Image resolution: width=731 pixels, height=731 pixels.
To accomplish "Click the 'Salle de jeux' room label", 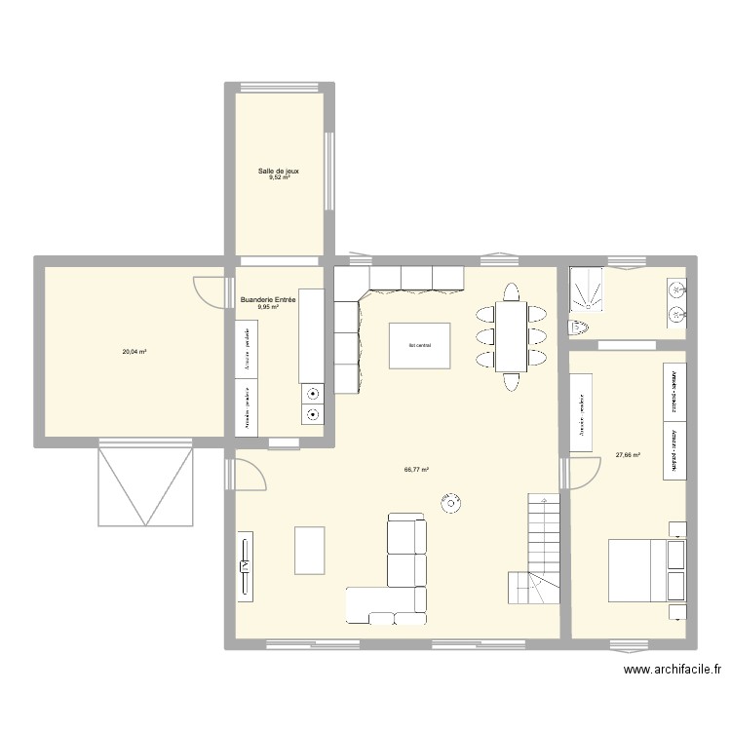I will (x=278, y=171).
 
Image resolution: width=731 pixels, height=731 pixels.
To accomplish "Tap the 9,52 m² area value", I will (x=278, y=178).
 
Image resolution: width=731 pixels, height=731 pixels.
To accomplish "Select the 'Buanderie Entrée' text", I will (x=267, y=299).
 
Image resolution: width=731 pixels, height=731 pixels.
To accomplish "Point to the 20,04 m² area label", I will (x=134, y=352).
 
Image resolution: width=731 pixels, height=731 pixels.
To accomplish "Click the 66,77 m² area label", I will (x=416, y=469).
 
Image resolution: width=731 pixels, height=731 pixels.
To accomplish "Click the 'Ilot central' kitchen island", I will (x=419, y=345).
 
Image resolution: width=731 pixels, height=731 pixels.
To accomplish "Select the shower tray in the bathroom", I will (x=587, y=289).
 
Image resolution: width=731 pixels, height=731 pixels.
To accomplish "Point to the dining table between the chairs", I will (x=511, y=336).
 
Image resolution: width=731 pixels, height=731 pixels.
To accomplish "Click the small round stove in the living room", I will (x=451, y=505).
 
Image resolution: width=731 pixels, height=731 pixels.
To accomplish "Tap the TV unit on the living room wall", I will (x=246, y=564).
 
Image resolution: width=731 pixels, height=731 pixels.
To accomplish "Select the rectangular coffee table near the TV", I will (x=310, y=550).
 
